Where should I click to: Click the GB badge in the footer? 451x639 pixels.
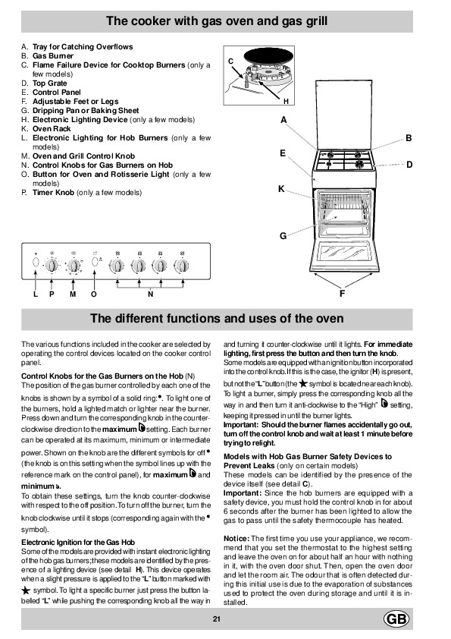pos(396,619)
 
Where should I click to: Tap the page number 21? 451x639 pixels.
pos(217,619)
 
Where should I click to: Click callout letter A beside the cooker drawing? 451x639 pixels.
pos(283,120)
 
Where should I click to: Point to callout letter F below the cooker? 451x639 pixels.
pos(342,294)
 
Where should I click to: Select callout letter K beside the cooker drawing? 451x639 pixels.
pos(281,189)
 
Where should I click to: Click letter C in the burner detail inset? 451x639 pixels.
pos(230,61)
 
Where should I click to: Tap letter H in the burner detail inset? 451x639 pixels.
pos(286,101)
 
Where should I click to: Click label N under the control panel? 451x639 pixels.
pos(150,294)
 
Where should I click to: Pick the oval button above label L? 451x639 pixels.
pos(36,262)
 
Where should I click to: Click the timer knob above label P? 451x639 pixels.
pos(52,266)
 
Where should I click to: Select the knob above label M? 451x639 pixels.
pos(74,266)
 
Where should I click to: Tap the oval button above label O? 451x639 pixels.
pos(95,262)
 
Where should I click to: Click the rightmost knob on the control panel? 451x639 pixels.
pos(181,266)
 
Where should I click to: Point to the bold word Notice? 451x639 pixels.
pos(236,538)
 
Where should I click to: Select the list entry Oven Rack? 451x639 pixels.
pos(52,129)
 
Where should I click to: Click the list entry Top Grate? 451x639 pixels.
pos(50,83)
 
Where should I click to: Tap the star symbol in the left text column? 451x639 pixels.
pos(26,590)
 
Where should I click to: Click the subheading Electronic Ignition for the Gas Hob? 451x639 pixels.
pos(78,542)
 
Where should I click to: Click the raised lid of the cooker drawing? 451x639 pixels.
pos(344,115)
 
